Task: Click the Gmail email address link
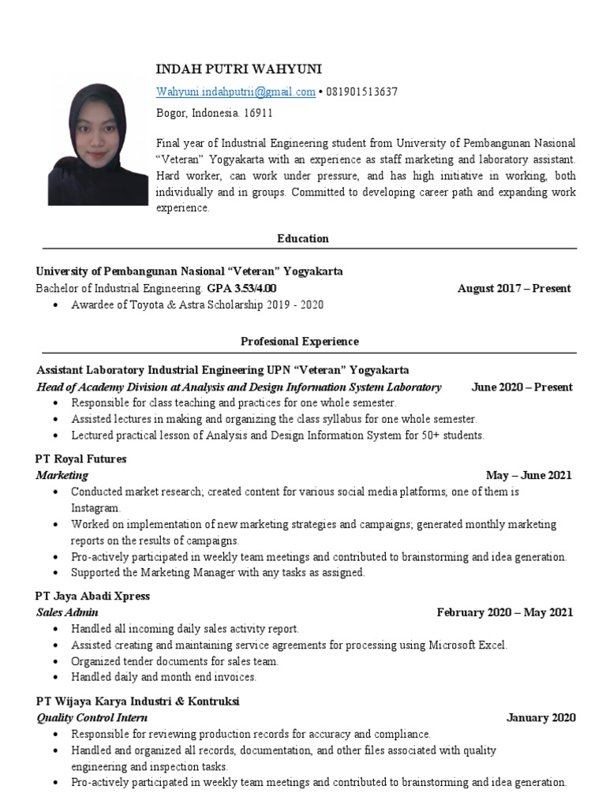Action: tap(235, 92)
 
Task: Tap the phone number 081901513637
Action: tap(361, 92)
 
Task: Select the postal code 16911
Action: tap(259, 113)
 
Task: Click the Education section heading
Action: tap(303, 238)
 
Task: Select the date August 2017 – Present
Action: tap(514, 288)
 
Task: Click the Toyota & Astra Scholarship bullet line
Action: tap(197, 305)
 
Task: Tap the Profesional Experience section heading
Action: tap(300, 342)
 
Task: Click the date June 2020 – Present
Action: tap(522, 387)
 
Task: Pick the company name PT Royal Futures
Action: tap(80, 458)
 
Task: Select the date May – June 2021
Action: tap(529, 475)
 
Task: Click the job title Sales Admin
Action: tap(67, 612)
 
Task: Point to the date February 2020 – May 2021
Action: tap(505, 612)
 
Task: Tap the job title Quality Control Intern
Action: tap(92, 717)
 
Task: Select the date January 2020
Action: tap(541, 717)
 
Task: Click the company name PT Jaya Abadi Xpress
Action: tap(92, 596)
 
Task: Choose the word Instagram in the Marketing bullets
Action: tap(95, 508)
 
